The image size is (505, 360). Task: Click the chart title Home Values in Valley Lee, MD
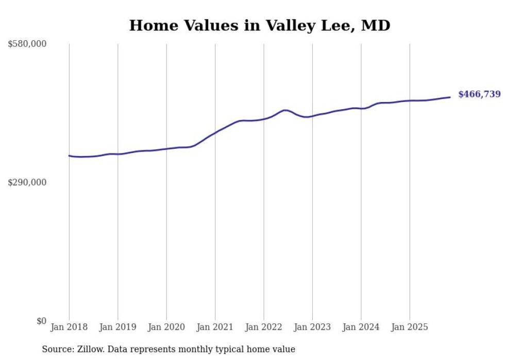259,25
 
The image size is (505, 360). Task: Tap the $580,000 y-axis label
27,44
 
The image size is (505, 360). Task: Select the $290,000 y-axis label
27,183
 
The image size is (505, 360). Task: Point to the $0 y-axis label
42,321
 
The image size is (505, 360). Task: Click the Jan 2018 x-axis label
69,327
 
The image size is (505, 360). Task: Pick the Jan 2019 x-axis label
118,327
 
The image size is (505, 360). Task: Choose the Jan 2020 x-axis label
166,327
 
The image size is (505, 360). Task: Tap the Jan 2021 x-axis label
215,327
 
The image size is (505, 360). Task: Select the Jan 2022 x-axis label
264,327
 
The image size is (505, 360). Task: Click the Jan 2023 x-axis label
313,327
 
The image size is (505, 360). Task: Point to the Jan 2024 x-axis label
361,327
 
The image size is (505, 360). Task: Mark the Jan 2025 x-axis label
410,327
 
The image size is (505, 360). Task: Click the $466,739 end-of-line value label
479,94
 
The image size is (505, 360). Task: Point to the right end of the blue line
450,97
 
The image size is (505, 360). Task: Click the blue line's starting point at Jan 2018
69,156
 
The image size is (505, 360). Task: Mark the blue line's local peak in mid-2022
285,110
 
